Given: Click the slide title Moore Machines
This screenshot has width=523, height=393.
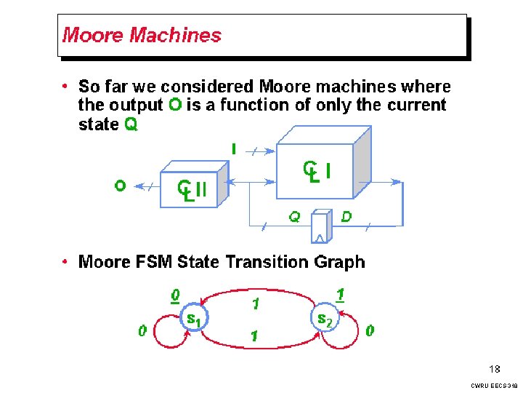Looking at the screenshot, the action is coord(142,35).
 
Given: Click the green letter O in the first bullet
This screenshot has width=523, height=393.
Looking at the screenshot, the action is coord(175,106).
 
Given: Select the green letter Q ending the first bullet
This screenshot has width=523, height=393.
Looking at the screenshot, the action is coord(131,124).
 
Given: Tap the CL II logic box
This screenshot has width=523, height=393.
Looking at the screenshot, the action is coord(191,188).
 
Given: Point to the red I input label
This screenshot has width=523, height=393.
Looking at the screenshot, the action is coord(233,148).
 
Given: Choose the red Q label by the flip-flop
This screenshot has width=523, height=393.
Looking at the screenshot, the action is coord(294,216).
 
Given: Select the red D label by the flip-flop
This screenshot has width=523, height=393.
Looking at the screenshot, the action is coord(346,216).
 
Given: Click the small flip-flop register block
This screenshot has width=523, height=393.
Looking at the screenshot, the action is coord(320,226).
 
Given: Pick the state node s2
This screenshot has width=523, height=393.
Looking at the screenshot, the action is coord(324,318).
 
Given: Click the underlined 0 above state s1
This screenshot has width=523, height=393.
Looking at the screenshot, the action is coord(174,295).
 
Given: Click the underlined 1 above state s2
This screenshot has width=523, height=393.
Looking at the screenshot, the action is coord(340,294).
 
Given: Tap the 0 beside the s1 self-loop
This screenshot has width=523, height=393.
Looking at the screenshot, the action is coord(143,331).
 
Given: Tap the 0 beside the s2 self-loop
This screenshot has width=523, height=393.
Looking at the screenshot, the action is coord(370,331).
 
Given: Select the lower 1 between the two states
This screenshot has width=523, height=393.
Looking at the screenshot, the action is coord(255,336).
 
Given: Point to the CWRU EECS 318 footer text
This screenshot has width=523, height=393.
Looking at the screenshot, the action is coord(494,385).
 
